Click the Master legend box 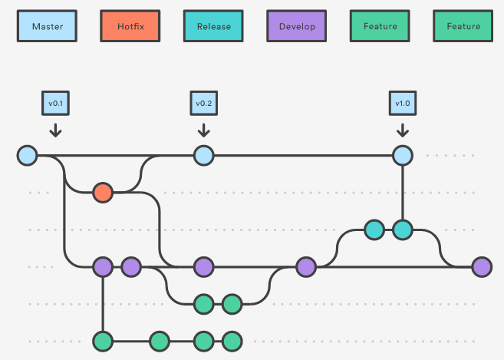click(x=47, y=26)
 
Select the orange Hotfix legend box click(x=130, y=26)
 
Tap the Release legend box click(x=213, y=26)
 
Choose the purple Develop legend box click(x=297, y=26)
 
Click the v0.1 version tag click(x=55, y=104)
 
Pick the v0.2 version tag click(x=204, y=104)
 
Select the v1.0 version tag click(x=403, y=104)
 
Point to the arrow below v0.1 click(x=55, y=130)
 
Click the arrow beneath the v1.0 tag click(x=403, y=130)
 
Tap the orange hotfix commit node click(x=103, y=193)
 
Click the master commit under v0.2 click(x=204, y=156)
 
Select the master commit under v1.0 click(x=403, y=156)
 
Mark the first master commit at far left click(x=28, y=156)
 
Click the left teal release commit click(x=374, y=230)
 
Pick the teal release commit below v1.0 click(x=403, y=230)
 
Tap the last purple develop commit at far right click(x=483, y=267)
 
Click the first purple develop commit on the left click(x=103, y=267)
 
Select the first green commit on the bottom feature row click(x=103, y=342)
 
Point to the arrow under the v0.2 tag click(x=204, y=130)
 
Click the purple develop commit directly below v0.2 click(x=204, y=267)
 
